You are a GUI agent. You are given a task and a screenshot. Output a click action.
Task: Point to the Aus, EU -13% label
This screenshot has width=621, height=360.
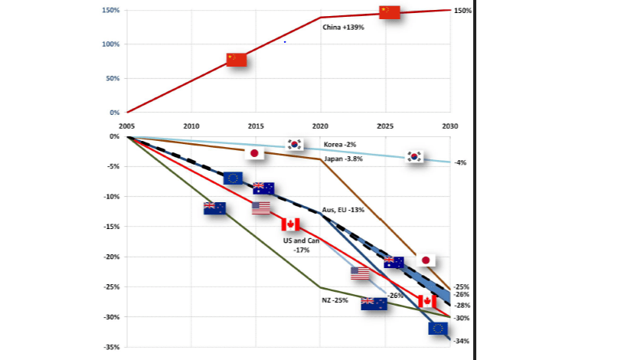pyautogui.click(x=343, y=209)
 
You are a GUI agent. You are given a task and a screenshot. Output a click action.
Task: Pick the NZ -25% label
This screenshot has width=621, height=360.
pyautogui.click(x=335, y=300)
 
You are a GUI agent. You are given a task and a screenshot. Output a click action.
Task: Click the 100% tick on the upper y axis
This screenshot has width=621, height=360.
pyautogui.click(x=109, y=44)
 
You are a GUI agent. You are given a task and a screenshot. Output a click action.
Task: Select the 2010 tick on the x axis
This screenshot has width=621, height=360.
pyautogui.click(x=191, y=126)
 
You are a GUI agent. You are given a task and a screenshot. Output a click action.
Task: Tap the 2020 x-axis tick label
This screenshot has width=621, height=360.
pyautogui.click(x=321, y=126)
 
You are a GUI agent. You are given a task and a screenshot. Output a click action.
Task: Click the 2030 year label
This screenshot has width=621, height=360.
pyautogui.click(x=450, y=126)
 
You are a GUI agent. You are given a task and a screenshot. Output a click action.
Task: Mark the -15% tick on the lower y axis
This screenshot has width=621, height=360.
pyautogui.click(x=109, y=227)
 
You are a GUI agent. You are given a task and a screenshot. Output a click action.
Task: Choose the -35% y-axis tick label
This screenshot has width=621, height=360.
pyautogui.click(x=109, y=347)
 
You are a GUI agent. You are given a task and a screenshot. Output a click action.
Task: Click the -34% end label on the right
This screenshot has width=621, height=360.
pyautogui.click(x=462, y=342)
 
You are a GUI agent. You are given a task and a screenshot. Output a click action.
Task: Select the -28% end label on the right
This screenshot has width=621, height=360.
pyautogui.click(x=462, y=305)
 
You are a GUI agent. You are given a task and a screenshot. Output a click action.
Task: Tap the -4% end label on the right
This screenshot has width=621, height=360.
pyautogui.click(x=459, y=162)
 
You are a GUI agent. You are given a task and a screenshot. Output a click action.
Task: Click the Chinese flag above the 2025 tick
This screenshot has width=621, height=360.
pyautogui.click(x=390, y=11)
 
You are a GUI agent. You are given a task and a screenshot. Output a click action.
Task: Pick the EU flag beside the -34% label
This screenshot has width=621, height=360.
pyautogui.click(x=439, y=329)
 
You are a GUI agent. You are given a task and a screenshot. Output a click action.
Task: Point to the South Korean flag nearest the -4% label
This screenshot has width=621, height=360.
pyautogui.click(x=415, y=156)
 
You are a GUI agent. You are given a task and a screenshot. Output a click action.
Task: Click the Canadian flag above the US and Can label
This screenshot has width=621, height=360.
pyautogui.click(x=289, y=224)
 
